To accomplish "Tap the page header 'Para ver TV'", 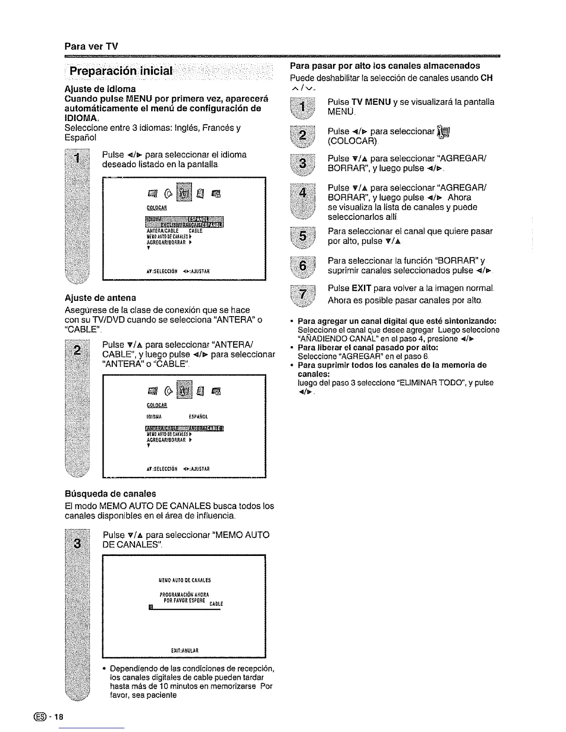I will coord(91,46).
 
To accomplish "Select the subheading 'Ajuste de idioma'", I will coord(100,88).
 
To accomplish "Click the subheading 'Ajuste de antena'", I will coord(100,298).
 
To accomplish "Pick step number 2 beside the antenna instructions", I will coord(78,348).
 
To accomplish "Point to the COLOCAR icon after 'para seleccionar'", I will coord(444,132).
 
